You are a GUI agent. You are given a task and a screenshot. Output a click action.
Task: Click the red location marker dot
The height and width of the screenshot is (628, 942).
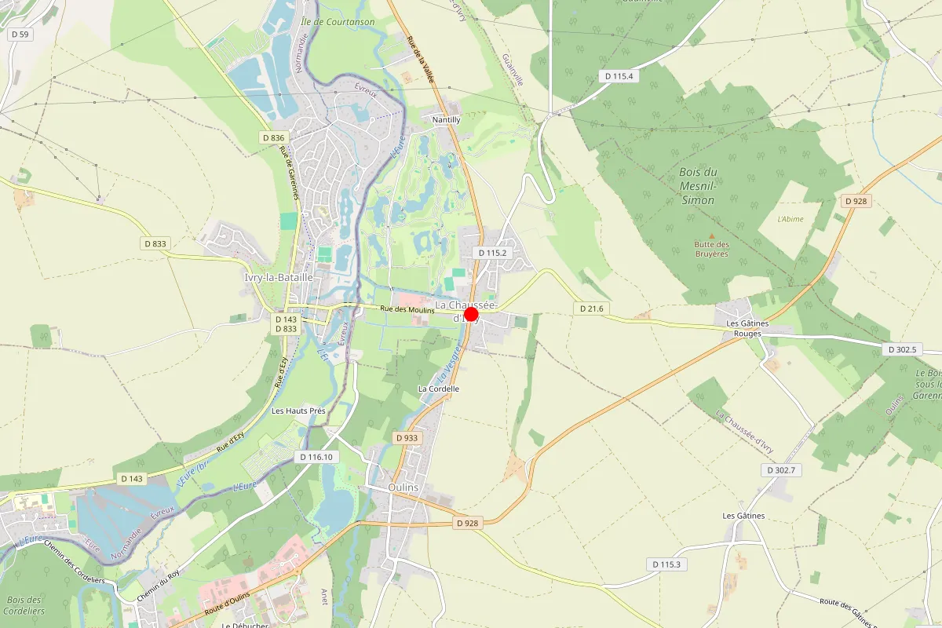(x=471, y=315)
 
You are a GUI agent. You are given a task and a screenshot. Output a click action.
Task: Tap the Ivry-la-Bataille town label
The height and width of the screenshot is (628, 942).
(x=279, y=278)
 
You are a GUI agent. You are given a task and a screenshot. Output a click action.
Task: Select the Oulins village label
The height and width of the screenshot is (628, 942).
(x=403, y=487)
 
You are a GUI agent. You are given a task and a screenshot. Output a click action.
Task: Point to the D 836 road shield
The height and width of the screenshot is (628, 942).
(x=272, y=138)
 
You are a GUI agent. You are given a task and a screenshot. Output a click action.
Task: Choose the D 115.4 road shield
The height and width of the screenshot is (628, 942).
(x=619, y=76)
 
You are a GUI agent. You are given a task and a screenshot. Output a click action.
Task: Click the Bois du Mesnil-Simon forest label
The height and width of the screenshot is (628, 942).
(x=697, y=186)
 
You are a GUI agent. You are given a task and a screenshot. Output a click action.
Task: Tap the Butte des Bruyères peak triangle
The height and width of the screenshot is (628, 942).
(x=712, y=235)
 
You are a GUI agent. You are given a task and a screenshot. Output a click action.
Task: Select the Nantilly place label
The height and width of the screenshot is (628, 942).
(x=446, y=119)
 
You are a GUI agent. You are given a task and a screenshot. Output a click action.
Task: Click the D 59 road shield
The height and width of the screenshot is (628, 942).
(x=20, y=35)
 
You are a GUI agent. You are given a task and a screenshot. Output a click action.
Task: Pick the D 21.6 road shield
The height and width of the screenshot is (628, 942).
(x=591, y=309)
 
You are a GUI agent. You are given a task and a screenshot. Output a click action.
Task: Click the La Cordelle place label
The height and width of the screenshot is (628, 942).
(x=439, y=389)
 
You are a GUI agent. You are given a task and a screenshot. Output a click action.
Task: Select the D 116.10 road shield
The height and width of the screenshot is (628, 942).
(x=316, y=457)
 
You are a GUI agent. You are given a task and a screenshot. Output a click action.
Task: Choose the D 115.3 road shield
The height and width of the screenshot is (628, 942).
(x=666, y=564)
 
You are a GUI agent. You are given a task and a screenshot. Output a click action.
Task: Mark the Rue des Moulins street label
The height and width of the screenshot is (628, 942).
(x=407, y=311)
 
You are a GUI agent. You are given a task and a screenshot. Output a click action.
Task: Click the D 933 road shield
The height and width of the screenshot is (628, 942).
(x=407, y=438)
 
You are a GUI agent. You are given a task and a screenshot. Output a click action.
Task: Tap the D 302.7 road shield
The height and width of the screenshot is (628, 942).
(x=781, y=470)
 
